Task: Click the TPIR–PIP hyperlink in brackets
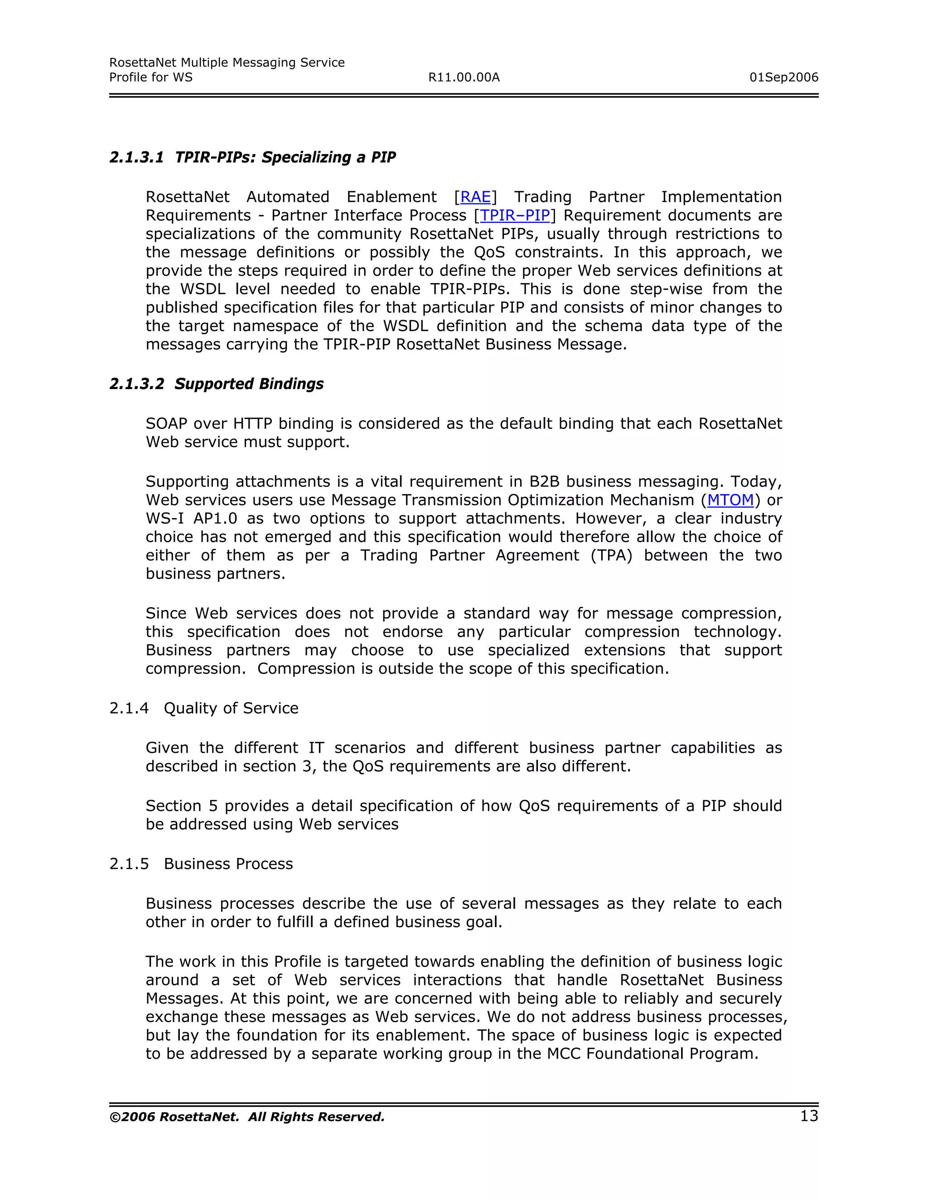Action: pos(515,216)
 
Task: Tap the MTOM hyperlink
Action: pos(730,500)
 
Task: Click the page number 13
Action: pos(809,1116)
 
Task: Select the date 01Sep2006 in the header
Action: pos(783,77)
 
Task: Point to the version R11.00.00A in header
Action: pos(464,77)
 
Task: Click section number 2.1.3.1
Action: pos(136,158)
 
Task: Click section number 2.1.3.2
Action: pos(136,384)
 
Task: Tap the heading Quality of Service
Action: pos(231,708)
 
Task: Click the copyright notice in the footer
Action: pos(247,1117)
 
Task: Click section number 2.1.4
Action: pos(129,708)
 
